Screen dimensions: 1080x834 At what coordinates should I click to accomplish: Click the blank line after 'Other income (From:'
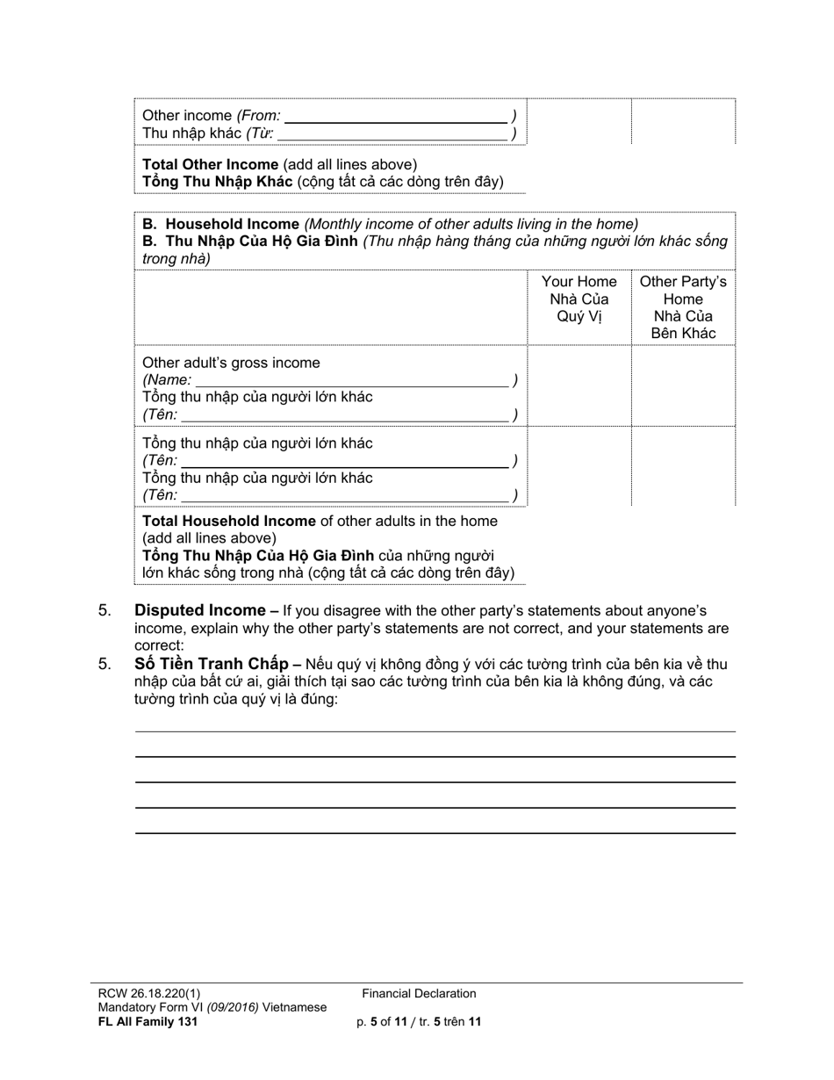pos(396,116)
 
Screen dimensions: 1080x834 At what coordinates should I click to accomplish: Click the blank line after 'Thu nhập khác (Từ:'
pos(392,133)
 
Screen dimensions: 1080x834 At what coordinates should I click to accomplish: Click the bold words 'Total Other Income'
pos(210,164)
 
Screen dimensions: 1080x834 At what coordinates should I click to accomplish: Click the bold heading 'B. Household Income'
pos(220,224)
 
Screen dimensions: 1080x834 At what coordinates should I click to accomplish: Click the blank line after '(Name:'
pos(351,380)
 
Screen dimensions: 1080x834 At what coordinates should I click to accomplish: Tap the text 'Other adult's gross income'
pos(231,363)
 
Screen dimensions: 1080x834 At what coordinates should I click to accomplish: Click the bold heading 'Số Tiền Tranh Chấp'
pos(212,664)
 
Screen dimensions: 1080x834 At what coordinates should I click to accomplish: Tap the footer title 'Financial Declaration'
pos(419,993)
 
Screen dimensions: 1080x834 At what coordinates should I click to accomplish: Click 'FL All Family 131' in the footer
pos(147,1021)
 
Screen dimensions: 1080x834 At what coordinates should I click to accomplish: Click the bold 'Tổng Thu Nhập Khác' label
pos(218,182)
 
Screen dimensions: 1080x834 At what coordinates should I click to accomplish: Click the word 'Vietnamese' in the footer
pos(294,1007)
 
